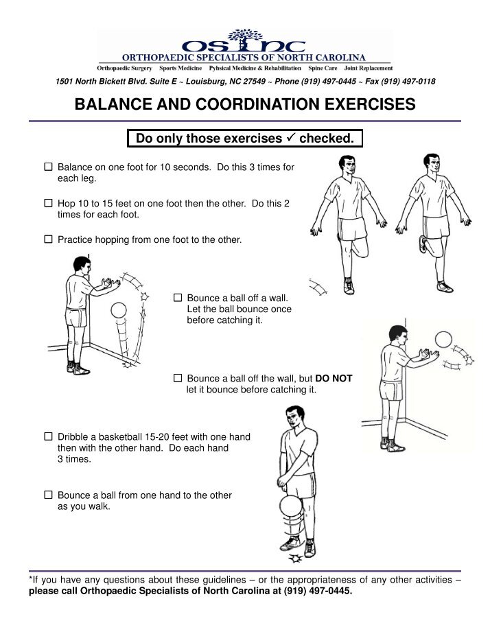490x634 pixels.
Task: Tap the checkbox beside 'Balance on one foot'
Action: pyautogui.click(x=48, y=167)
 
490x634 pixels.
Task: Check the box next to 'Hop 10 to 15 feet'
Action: pyautogui.click(x=48, y=204)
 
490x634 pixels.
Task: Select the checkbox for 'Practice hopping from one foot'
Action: pyautogui.click(x=48, y=240)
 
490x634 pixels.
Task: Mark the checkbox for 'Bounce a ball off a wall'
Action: pyautogui.click(x=178, y=298)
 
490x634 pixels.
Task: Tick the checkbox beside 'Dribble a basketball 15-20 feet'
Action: pyautogui.click(x=48, y=436)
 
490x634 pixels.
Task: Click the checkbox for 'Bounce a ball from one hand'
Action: pyautogui.click(x=48, y=495)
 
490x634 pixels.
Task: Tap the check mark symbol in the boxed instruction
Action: pyautogui.click(x=290, y=139)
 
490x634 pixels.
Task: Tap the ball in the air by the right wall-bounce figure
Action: pyautogui.click(x=443, y=340)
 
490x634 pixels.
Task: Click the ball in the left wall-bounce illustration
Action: pyautogui.click(x=118, y=311)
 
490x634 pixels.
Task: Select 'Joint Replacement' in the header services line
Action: pyautogui.click(x=369, y=69)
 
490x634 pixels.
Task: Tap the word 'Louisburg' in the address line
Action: pyautogui.click(x=210, y=82)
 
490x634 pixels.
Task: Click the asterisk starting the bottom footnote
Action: pyautogui.click(x=30, y=580)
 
